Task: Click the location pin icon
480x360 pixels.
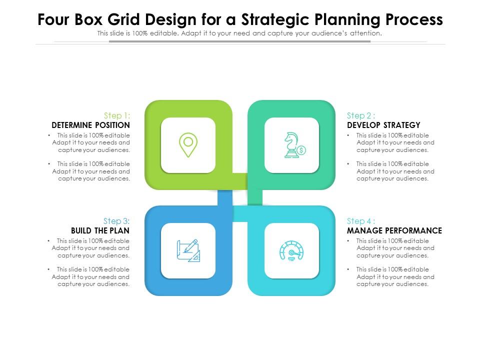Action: click(x=188, y=145)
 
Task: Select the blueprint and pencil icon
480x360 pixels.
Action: click(x=188, y=250)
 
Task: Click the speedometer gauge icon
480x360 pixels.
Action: click(x=291, y=250)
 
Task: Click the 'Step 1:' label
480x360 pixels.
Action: click(x=116, y=115)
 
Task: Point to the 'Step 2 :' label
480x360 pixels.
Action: click(x=361, y=115)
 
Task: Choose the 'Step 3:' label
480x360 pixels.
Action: click(x=116, y=221)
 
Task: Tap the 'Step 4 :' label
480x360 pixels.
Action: click(x=361, y=221)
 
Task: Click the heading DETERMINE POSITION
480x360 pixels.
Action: click(x=90, y=125)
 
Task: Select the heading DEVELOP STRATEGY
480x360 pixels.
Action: click(x=383, y=125)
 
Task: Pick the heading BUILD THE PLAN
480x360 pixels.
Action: click(x=100, y=230)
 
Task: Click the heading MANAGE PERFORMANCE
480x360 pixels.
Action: click(x=394, y=230)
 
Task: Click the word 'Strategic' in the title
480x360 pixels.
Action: click(x=270, y=20)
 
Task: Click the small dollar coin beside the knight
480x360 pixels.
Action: click(x=301, y=150)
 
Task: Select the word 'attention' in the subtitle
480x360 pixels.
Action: click(x=366, y=33)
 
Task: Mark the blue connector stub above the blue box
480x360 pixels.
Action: click(x=225, y=198)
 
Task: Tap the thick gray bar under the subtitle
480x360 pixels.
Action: click(x=239, y=41)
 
